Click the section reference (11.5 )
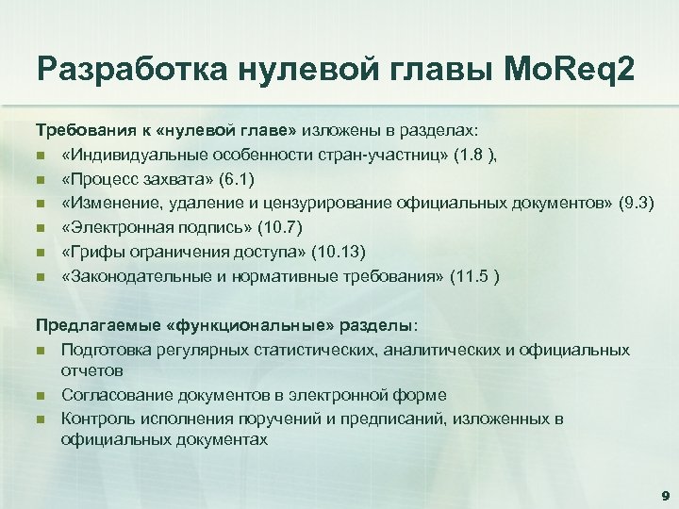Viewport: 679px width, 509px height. (480, 276)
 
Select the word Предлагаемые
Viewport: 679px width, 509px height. (87, 325)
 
